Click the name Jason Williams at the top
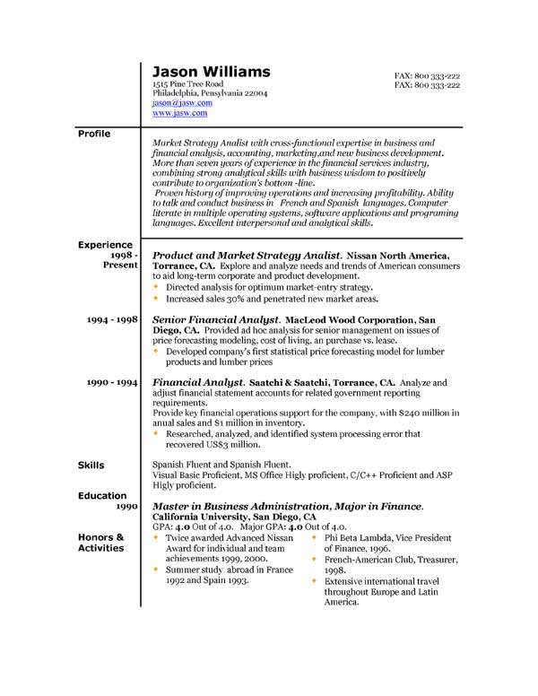211,72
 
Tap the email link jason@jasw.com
182,103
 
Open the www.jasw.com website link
179,114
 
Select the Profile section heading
94,134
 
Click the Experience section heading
105,245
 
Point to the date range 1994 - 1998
112,319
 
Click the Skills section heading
91,465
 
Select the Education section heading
102,495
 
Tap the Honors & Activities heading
100,543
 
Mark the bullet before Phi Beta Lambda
314,537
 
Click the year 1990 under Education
126,507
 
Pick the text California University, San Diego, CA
234,518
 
